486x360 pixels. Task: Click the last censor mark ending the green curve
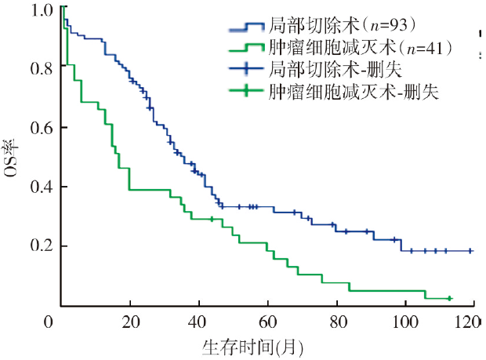[449, 299]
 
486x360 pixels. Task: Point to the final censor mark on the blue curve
[470, 251]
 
